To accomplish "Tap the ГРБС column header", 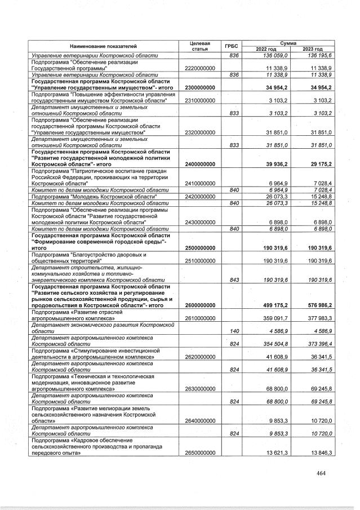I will pyautogui.click(x=231, y=46).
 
